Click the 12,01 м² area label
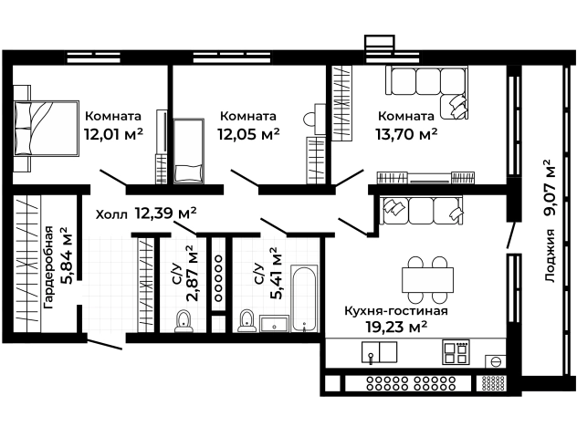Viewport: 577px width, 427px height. click(113, 133)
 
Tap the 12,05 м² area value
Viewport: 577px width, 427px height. click(247, 133)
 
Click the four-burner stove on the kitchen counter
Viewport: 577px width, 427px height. click(455, 351)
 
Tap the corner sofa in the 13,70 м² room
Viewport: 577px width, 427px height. click(427, 91)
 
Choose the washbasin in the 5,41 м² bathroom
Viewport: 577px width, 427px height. click(273, 322)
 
